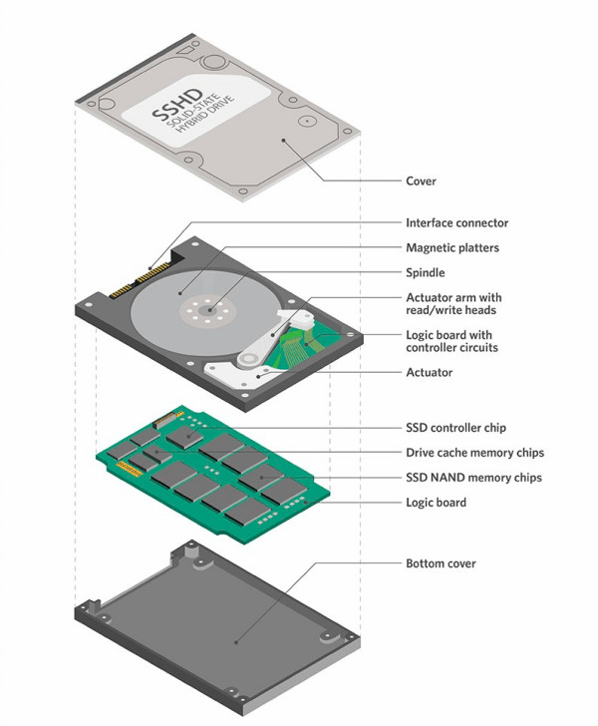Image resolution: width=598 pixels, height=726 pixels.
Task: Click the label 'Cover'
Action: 421,181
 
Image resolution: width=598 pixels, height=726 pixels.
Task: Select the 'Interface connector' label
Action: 456,223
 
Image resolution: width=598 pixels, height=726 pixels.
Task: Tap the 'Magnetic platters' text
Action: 452,247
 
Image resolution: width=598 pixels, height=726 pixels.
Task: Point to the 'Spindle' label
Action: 425,272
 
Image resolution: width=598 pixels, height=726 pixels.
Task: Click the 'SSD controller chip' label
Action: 455,428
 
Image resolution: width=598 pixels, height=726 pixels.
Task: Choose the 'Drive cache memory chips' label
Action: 474,453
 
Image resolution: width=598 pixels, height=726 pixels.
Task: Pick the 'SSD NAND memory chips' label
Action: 473,478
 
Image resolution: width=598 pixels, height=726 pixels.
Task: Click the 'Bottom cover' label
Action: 441,563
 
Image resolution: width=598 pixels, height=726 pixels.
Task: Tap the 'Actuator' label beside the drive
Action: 429,372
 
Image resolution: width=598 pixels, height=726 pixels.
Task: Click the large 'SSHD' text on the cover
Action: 177,105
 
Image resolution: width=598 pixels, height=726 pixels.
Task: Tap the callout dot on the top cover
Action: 284,140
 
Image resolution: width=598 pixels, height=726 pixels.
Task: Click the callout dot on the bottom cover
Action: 236,642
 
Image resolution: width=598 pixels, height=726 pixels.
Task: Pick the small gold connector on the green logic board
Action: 130,469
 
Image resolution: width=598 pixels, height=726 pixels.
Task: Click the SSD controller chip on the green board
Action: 185,436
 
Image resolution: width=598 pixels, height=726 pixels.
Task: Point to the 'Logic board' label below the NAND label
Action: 436,503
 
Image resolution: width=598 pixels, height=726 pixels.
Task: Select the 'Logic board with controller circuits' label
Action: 451,341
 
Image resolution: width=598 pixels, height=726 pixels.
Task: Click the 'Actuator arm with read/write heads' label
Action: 453,304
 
